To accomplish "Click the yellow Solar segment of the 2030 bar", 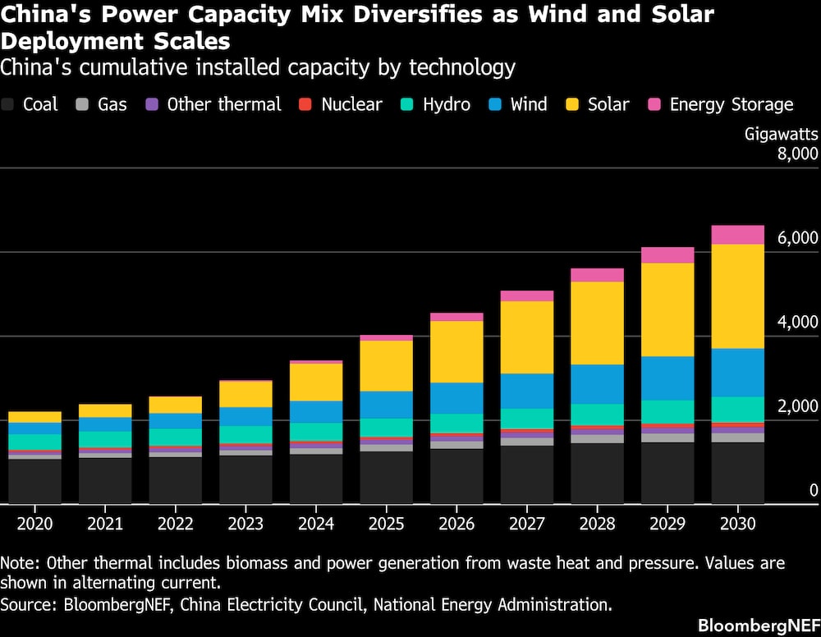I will (737, 296).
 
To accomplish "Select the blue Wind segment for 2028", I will (597, 384).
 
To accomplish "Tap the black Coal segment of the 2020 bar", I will (34, 481).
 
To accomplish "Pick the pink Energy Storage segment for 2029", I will (667, 254).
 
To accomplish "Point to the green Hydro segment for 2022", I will (175, 437).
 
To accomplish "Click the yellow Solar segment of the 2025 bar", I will (387, 365).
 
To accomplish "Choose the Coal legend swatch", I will (9, 104).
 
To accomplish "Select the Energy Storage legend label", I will (731, 104).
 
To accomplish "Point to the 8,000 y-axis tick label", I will (796, 154).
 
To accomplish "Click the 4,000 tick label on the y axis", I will (796, 322).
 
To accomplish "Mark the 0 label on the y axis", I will (814, 491).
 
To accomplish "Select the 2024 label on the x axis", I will (315, 523).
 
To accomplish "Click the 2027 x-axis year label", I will (526, 523).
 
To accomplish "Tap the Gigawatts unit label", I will (781, 133).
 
